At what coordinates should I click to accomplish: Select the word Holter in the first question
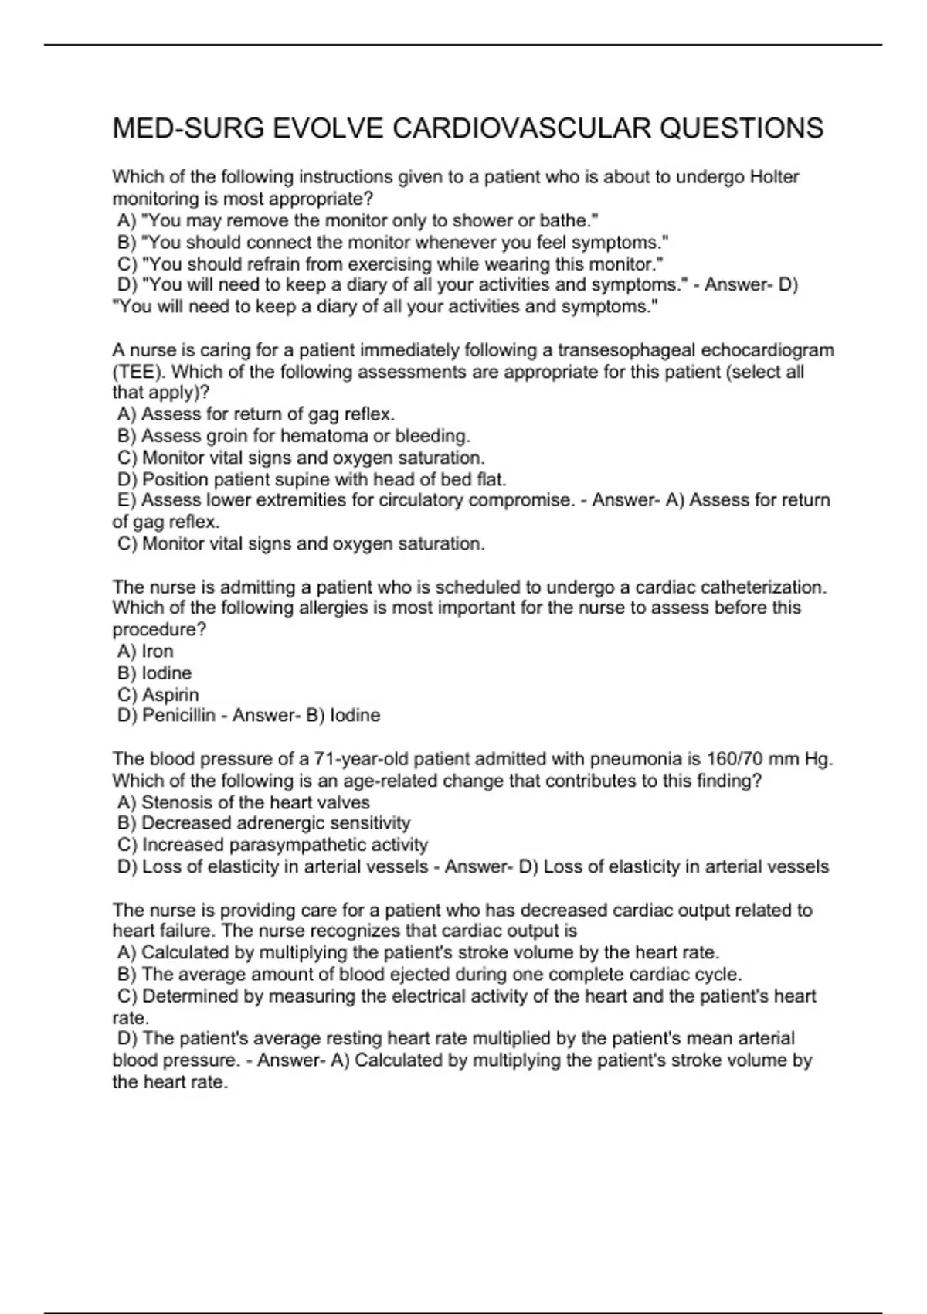pyautogui.click(x=774, y=177)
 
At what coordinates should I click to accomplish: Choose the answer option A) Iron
pyautogui.click(x=146, y=652)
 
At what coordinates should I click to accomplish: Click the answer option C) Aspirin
pyautogui.click(x=158, y=695)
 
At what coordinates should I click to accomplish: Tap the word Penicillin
pyautogui.click(x=178, y=716)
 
